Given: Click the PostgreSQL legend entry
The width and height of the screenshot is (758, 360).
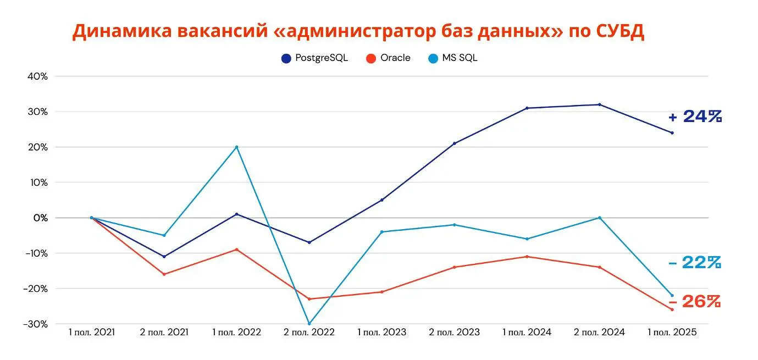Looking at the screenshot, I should tap(315, 58).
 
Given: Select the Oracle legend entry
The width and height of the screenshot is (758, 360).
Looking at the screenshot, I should tap(389, 58).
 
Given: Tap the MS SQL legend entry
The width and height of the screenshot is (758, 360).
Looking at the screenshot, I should tap(453, 58).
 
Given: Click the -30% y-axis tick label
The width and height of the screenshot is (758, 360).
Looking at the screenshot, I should tap(36, 324).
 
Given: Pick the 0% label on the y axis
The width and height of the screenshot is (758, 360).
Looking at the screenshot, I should tap(41, 218).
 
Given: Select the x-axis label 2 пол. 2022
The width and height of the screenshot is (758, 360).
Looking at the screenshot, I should tap(309, 333).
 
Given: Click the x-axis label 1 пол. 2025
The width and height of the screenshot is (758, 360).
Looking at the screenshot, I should tap(672, 333).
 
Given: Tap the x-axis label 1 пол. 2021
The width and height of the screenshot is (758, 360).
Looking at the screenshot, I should tap(91, 333).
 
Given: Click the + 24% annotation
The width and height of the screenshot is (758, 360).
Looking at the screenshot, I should tap(695, 117).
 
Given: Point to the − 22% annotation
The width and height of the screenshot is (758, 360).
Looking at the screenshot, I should tap(695, 263).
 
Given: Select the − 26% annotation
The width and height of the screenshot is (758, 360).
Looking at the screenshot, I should tap(695, 301).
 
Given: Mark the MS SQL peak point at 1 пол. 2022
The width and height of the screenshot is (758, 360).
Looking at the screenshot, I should tap(236, 147).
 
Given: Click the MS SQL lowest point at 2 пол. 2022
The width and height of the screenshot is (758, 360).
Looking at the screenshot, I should tap(309, 324).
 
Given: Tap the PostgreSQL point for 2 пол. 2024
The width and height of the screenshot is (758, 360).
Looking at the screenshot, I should tap(599, 104).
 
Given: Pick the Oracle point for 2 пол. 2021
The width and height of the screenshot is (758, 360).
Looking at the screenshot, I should tap(164, 274).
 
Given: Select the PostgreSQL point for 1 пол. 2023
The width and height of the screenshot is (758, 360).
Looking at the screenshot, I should tap(381, 200).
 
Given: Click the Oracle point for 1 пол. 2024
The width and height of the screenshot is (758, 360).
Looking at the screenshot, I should tap(527, 257).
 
